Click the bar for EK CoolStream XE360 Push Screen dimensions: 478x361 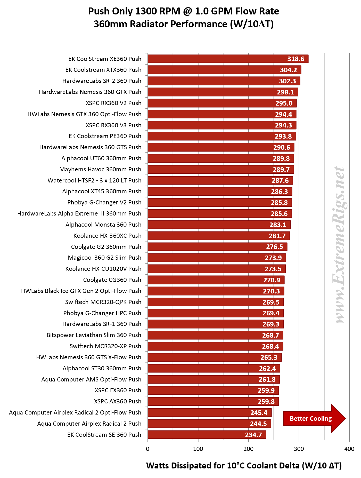(228, 59)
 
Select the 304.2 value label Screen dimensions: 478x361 (288, 70)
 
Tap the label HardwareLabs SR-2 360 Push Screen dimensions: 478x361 (102, 81)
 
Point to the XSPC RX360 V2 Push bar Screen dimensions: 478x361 (222, 103)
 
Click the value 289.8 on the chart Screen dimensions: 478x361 (281, 158)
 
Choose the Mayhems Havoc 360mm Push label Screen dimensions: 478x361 (100, 169)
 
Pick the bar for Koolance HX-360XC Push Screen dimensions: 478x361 (219, 236)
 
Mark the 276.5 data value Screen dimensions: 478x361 (274, 247)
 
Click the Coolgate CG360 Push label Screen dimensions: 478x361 (112, 280)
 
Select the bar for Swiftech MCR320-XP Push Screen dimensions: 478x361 (215, 346)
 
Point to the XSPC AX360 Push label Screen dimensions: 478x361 (118, 401)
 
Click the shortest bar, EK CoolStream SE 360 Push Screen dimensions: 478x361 (207, 435)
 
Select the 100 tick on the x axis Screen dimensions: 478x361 (198, 449)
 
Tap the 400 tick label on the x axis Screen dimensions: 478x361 (349, 449)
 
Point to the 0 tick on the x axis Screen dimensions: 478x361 (147, 449)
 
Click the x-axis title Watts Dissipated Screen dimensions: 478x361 (244, 465)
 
